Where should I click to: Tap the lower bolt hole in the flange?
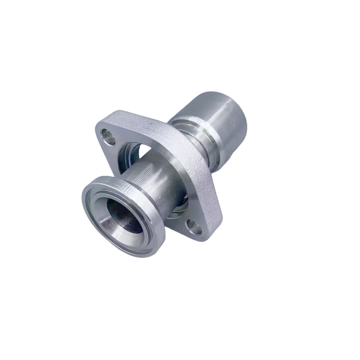(x=194, y=225)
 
